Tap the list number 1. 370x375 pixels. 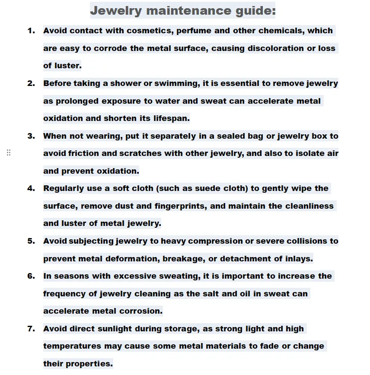click(31, 31)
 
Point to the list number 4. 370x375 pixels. click(31, 188)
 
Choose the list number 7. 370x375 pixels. click(31, 329)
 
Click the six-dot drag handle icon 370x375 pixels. click(9, 153)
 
